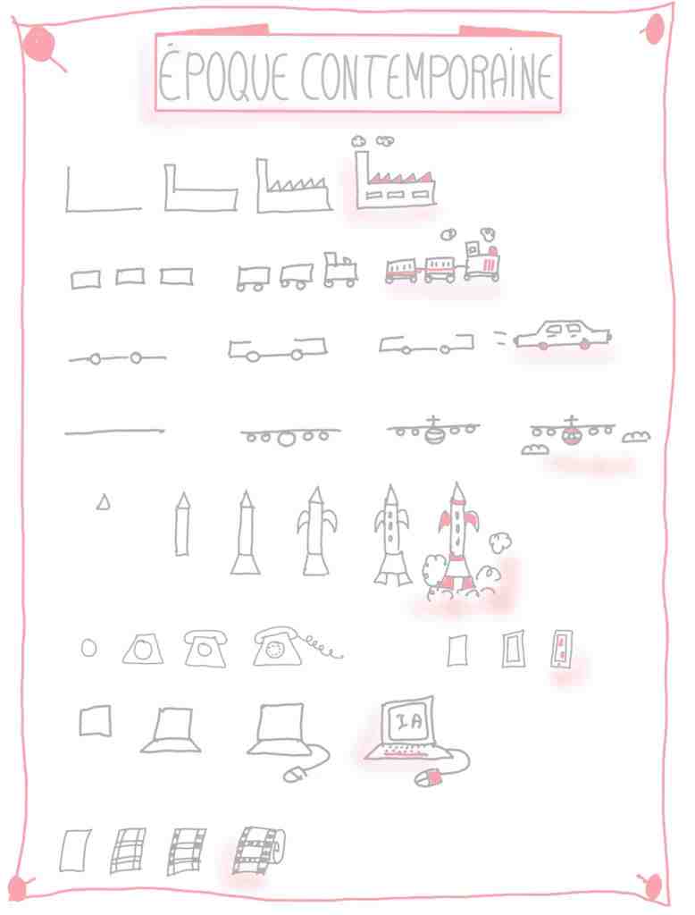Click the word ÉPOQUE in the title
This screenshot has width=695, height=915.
click(222, 75)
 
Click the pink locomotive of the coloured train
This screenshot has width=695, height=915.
click(482, 256)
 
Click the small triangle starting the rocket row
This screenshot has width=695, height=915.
click(104, 502)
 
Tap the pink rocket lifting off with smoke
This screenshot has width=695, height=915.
click(458, 537)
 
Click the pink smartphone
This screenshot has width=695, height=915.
click(561, 649)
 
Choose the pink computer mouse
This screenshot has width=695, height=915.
click(430, 777)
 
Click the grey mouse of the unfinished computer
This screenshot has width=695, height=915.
click(294, 775)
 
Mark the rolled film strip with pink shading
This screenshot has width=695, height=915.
click(258, 850)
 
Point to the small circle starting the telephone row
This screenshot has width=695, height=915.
click(89, 648)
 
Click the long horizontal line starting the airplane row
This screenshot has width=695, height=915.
click(114, 432)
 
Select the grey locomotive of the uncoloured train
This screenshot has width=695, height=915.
click(339, 270)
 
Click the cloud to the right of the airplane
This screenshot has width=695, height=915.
click(635, 436)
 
